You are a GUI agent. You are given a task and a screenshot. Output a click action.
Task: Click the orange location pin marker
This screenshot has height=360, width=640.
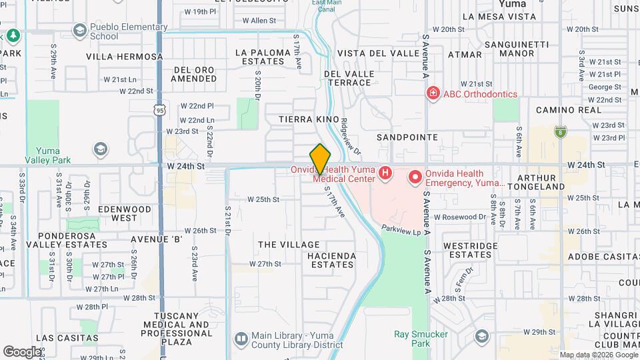pos(320,159)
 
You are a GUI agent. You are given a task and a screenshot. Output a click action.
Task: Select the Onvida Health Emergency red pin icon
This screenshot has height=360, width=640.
pos(415,177)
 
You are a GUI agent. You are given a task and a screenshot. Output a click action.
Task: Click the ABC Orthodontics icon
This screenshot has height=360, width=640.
pos(433,93)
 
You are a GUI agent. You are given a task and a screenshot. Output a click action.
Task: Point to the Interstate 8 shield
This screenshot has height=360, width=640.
pos(560,131)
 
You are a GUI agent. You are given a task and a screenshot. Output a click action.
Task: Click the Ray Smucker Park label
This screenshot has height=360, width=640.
pos(421,339)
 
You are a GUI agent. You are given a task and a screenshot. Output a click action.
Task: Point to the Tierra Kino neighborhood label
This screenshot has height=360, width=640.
pos(305,119)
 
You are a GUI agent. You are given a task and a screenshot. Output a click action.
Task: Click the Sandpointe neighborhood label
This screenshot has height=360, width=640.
pos(407,137)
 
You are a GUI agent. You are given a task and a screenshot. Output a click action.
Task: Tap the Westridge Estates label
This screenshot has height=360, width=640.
pos(470,250)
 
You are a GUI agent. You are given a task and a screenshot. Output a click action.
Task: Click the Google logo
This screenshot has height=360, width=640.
pos(22,351)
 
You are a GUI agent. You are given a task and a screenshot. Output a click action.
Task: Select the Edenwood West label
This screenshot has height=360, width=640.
pos(125,213)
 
